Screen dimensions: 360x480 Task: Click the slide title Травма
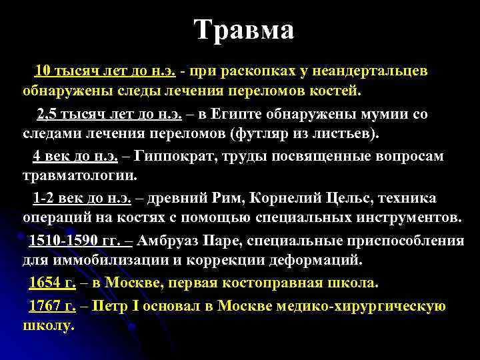click(x=244, y=30)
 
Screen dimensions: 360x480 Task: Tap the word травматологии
click(x=79, y=176)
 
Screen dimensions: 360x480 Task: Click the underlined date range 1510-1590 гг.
click(x=75, y=241)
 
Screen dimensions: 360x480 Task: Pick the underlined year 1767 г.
click(x=52, y=306)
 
